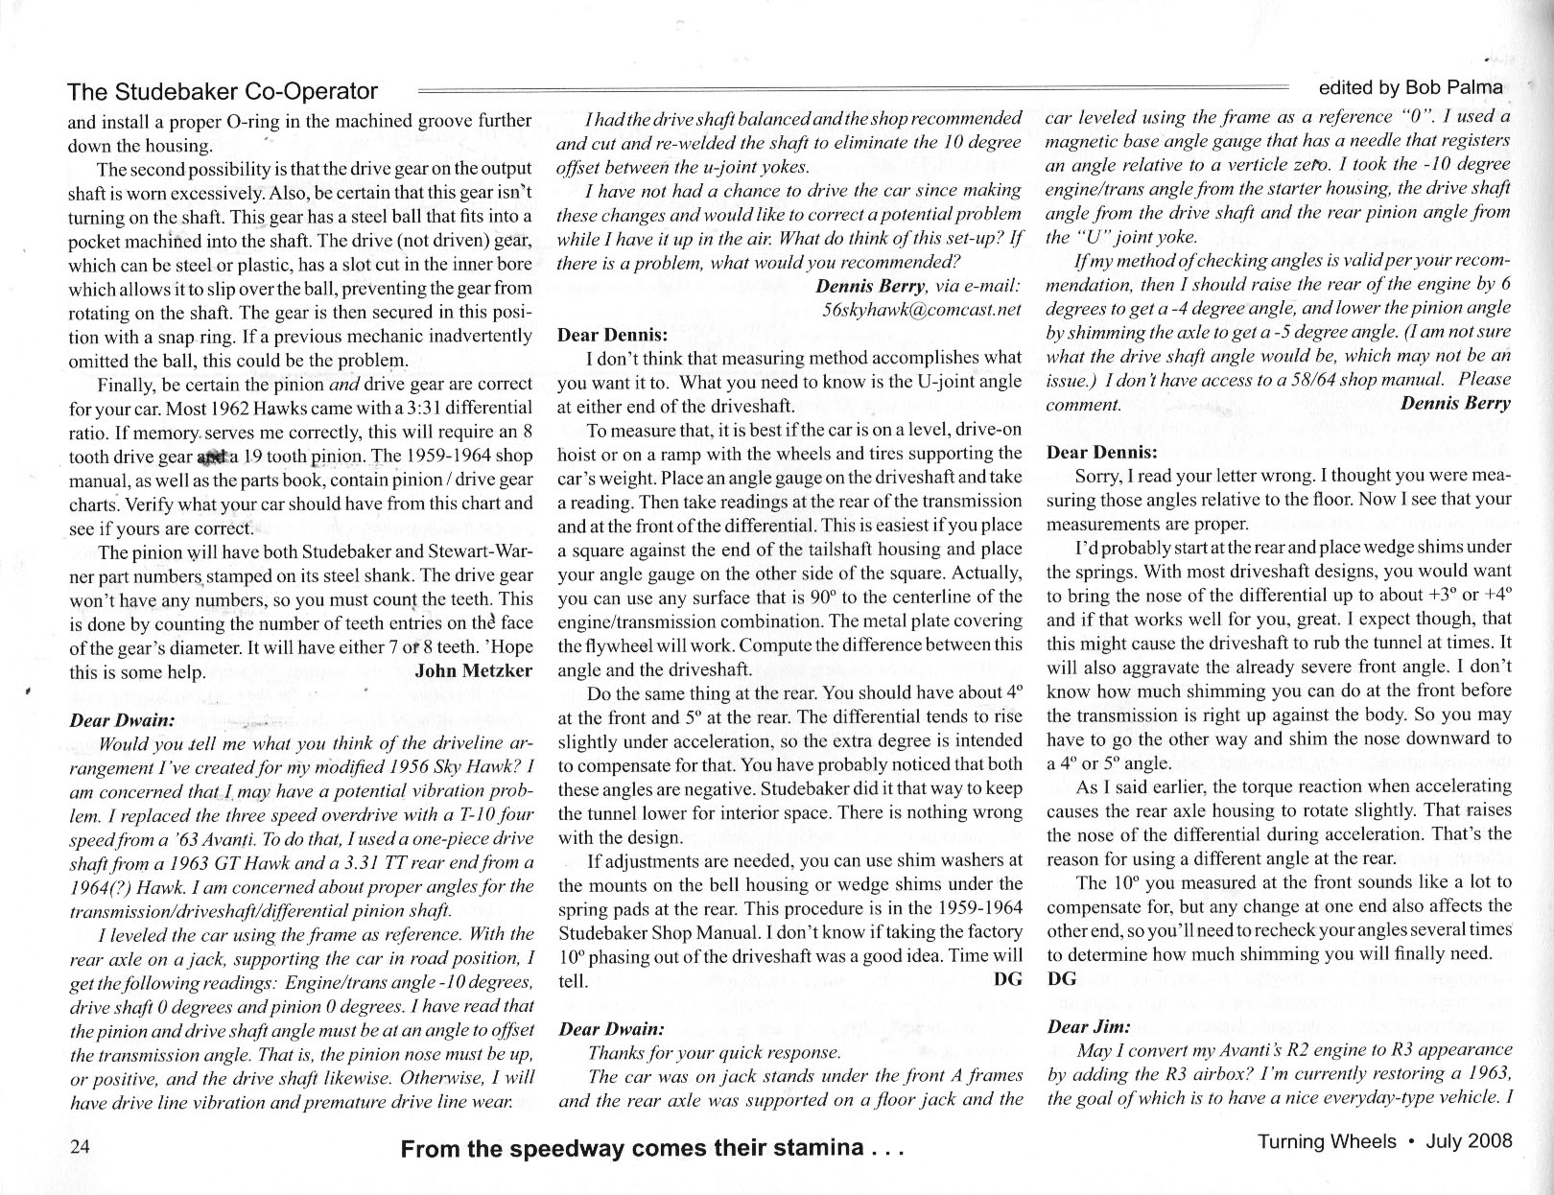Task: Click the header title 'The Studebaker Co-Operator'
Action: pyautogui.click(x=223, y=92)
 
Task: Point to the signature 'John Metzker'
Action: pyautogui.click(x=473, y=671)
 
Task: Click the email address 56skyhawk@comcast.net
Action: pyautogui.click(x=922, y=310)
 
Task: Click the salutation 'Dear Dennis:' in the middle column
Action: pyautogui.click(x=612, y=336)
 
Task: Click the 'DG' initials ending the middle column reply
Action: pyautogui.click(x=1008, y=979)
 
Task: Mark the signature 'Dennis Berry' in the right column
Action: pyautogui.click(x=1455, y=403)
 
